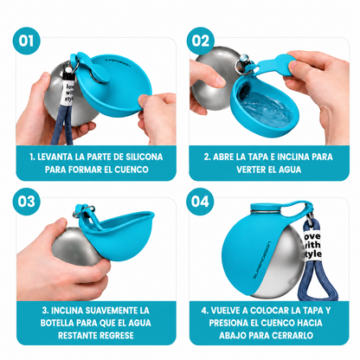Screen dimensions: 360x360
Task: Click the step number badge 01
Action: pos(27,41)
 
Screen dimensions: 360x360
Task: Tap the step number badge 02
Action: pos(200,41)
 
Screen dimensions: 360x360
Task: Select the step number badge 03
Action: pos(27,202)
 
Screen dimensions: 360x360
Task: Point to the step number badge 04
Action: pos(200,202)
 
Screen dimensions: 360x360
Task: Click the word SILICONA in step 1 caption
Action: pos(145,157)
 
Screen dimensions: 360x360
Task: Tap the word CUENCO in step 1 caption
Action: pos(132,170)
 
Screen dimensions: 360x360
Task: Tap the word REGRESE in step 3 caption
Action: pos(117,335)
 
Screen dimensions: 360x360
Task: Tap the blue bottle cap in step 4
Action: pos(266,208)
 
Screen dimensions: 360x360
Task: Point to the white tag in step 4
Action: pos(312,245)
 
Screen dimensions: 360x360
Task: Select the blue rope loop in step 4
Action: pos(318,279)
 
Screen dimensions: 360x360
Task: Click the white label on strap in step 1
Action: pos(69,92)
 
